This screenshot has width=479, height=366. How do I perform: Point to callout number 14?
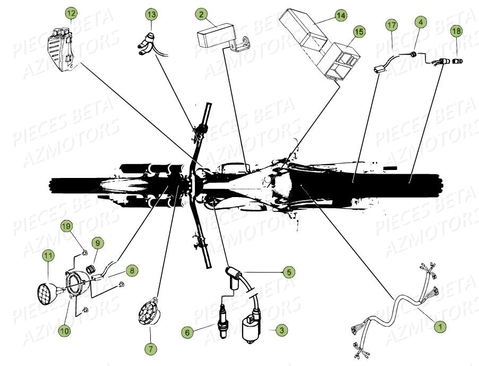click(x=340, y=16)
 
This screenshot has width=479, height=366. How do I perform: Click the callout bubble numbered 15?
click(x=360, y=32)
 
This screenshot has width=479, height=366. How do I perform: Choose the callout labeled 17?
click(x=391, y=25)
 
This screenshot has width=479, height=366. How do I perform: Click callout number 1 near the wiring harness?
click(x=439, y=327)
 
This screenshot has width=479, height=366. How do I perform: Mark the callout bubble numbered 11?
click(x=48, y=256)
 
